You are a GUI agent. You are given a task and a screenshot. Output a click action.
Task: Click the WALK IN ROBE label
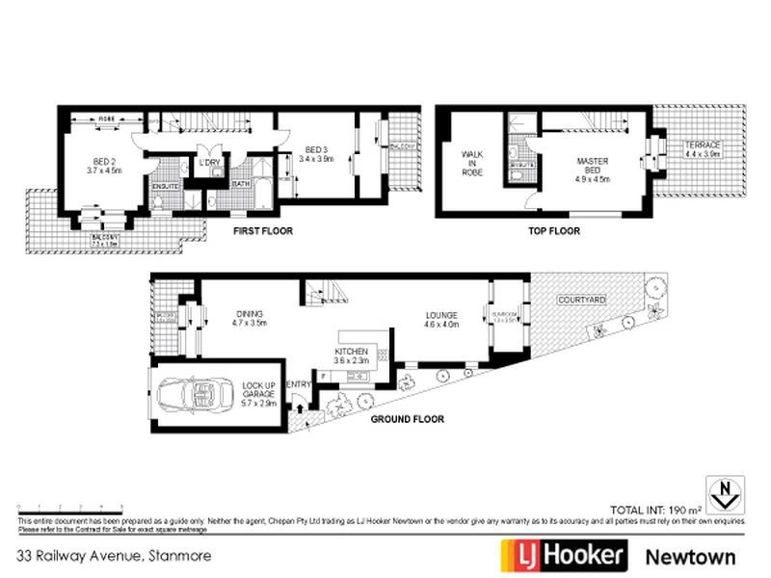coord(471,162)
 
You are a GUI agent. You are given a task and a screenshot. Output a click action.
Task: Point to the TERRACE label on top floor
coord(702,145)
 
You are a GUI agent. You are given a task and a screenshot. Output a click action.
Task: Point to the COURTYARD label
coord(582,301)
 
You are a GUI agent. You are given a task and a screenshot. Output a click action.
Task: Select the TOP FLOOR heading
coord(554,231)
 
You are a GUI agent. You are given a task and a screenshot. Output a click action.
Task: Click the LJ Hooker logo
coord(564,556)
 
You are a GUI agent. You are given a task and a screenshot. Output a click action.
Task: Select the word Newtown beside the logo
coord(689,556)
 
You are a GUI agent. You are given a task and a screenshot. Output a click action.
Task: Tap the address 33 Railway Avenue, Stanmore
coord(114,556)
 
